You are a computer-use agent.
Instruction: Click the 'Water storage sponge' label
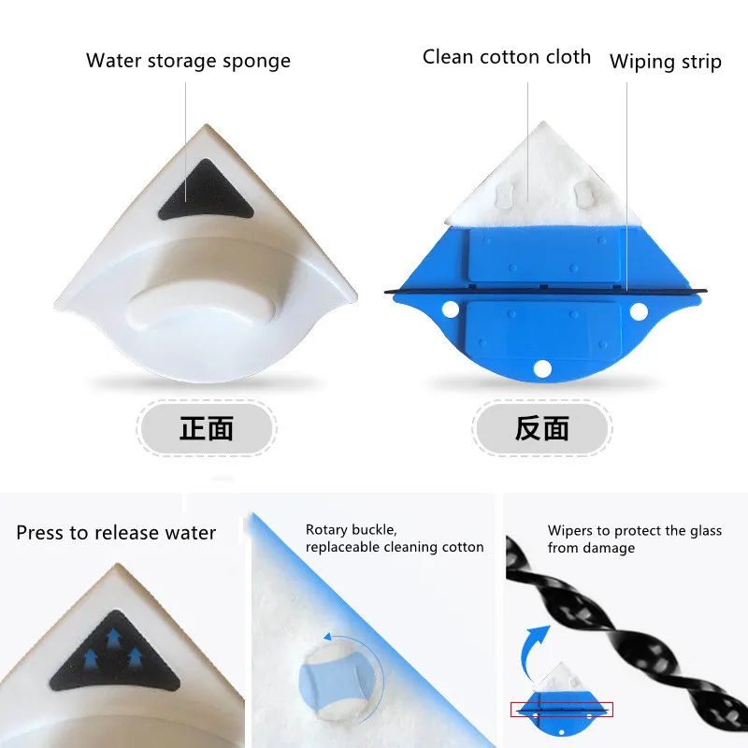coord(188,61)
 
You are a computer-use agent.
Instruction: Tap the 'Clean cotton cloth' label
coord(507,57)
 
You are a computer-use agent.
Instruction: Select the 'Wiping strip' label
coord(666,62)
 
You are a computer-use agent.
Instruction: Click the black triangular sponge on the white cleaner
coord(206,192)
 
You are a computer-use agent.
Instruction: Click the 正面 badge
coord(207,428)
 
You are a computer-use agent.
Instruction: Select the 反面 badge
coord(542,428)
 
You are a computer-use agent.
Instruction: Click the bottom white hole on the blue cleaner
coord(542,368)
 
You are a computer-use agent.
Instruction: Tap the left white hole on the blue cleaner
coord(450,309)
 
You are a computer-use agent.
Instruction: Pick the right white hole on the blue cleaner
coord(639,312)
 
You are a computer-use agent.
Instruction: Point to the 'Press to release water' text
coord(116,533)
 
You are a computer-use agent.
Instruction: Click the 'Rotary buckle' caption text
coord(352,530)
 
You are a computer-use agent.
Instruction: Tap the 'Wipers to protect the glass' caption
coord(635,530)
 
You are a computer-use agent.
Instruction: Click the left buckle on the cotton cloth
coord(504,194)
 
